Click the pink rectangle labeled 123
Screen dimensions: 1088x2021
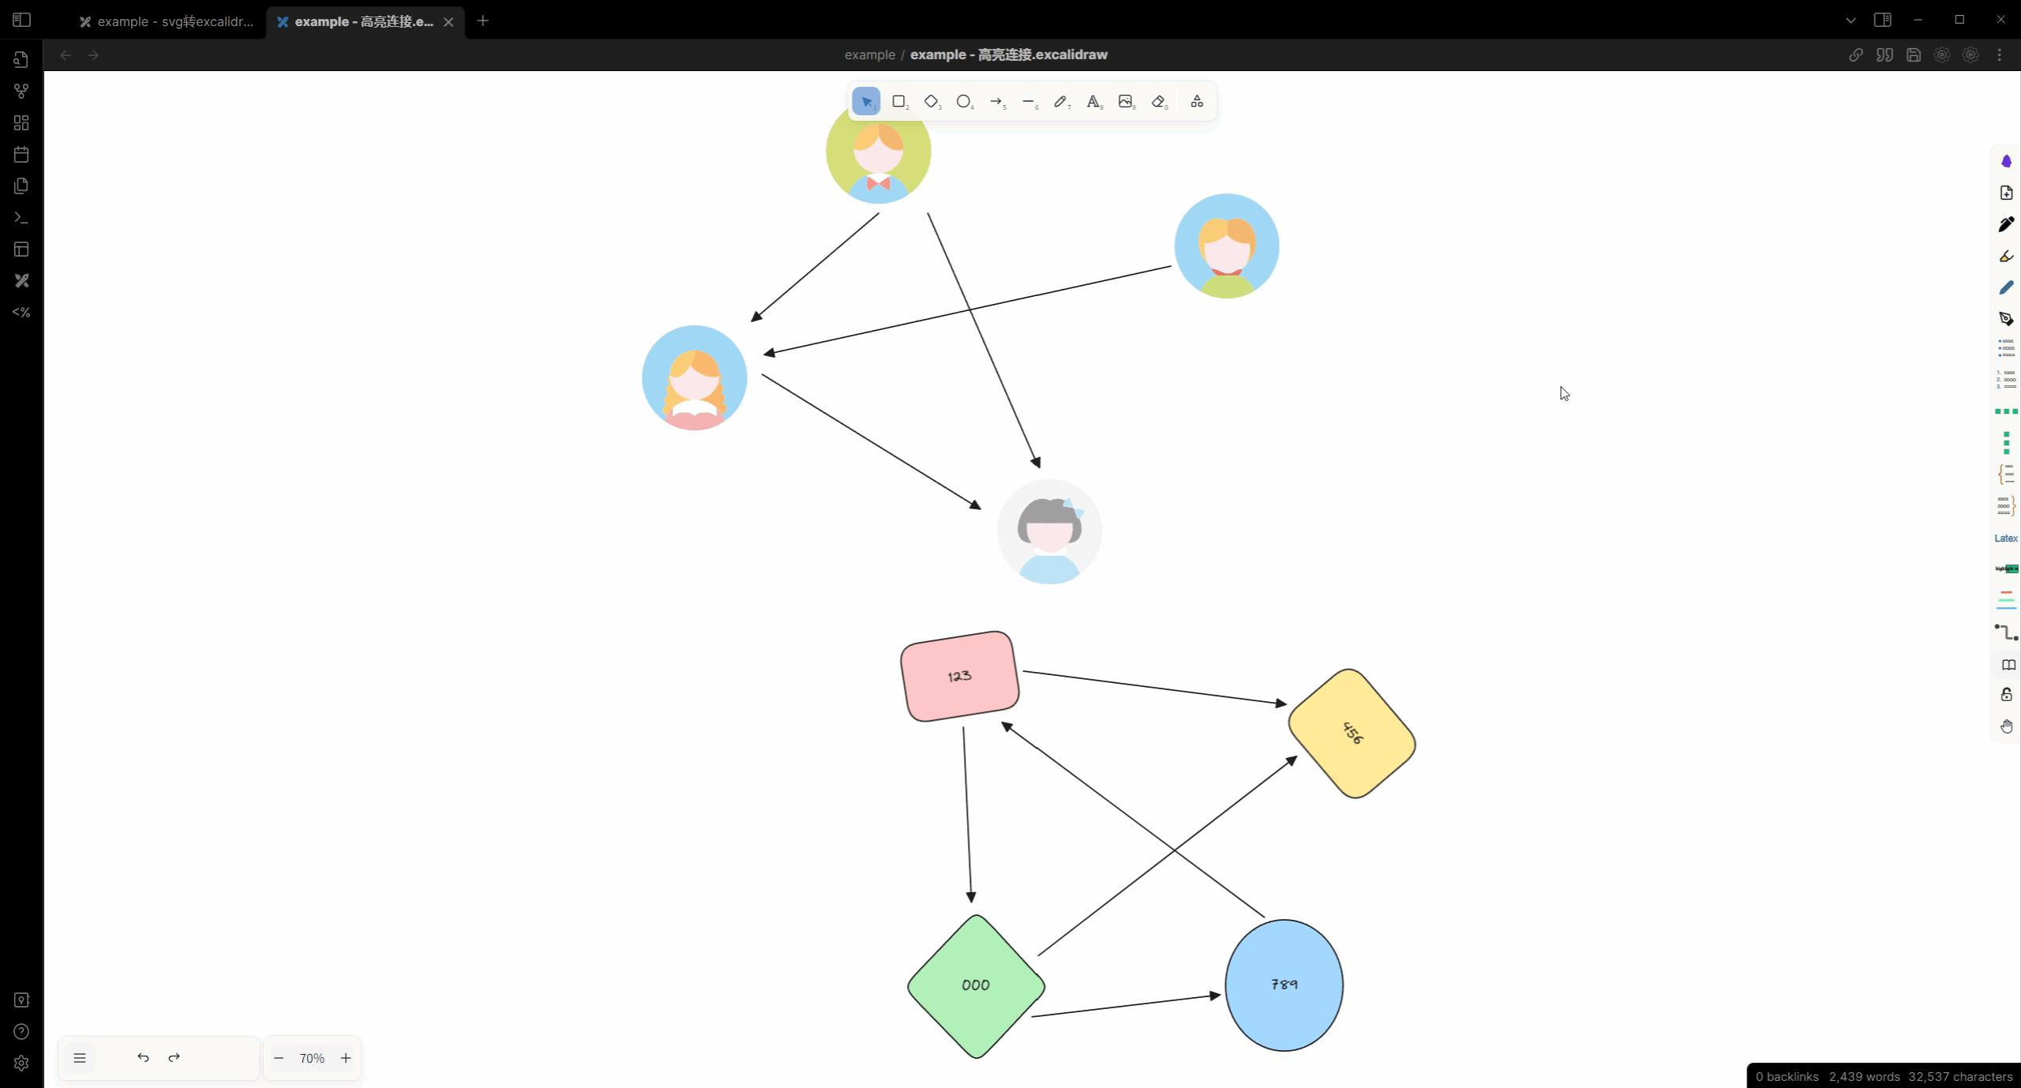(959, 676)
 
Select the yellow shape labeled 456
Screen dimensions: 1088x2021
(1352, 733)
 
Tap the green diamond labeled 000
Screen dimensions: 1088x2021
(976, 985)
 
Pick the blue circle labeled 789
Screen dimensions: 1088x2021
(1284, 985)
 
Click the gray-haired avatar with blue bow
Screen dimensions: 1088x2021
(1049, 531)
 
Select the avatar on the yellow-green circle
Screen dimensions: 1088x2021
(878, 152)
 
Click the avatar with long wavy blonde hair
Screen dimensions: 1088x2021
(694, 378)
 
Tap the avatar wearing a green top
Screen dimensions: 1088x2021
(1226, 246)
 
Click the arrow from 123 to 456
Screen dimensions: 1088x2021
(1154, 687)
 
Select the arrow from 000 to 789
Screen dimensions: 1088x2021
(1126, 1005)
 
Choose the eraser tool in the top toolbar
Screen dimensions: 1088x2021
(1158, 101)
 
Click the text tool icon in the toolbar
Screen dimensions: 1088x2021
(1093, 101)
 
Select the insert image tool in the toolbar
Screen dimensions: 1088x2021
(1126, 101)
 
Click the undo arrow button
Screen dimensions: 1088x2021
(143, 1057)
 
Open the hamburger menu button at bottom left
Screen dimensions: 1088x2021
(80, 1058)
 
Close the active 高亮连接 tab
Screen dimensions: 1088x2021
(448, 22)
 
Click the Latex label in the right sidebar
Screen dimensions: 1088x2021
(2005, 538)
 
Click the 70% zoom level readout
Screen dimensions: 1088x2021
(312, 1058)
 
